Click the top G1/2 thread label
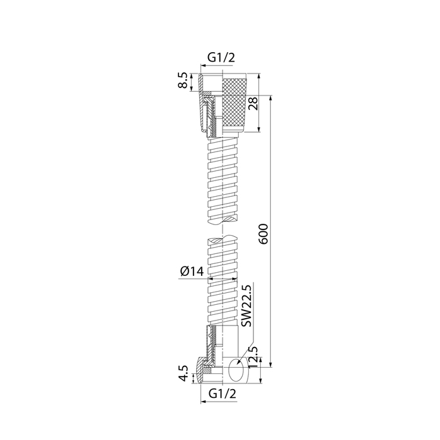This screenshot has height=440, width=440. pyautogui.click(x=221, y=58)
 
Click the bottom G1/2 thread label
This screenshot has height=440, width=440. pyautogui.click(x=223, y=394)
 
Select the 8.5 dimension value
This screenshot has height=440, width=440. pyautogui.click(x=183, y=80)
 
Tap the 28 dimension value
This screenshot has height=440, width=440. pyautogui.click(x=253, y=104)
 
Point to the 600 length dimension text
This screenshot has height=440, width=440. pyautogui.click(x=264, y=234)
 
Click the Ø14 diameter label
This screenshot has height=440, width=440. pyautogui.click(x=192, y=272)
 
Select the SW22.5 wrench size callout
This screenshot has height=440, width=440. pyautogui.click(x=246, y=305)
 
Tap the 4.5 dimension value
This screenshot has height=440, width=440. pyautogui.click(x=184, y=373)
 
